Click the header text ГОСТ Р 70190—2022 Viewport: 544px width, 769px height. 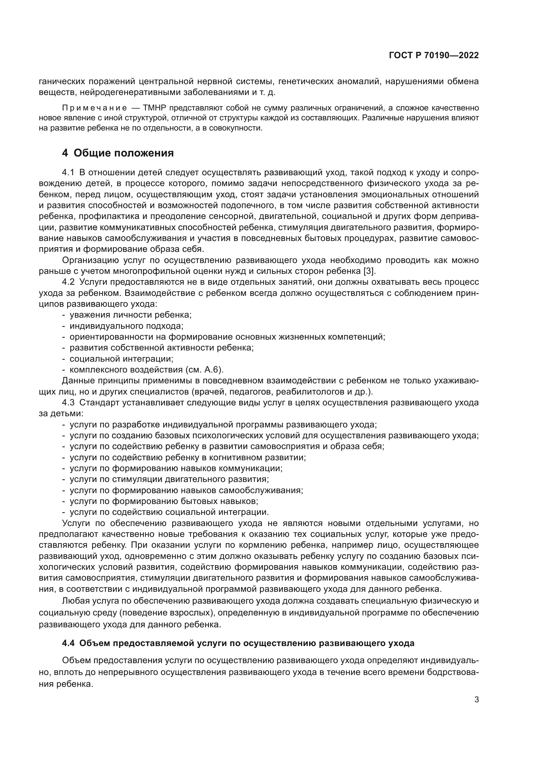tap(433, 56)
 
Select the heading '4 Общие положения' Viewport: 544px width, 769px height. tap(118, 153)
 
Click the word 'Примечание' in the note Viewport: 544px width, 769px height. tap(94, 108)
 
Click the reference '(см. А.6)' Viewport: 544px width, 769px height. tap(203, 370)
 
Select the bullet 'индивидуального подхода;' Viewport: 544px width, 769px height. tap(126, 326)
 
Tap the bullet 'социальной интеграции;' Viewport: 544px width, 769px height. tap(121, 359)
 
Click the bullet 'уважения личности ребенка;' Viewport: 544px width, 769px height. tap(130, 315)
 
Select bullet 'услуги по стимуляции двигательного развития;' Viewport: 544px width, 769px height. tap(169, 479)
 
